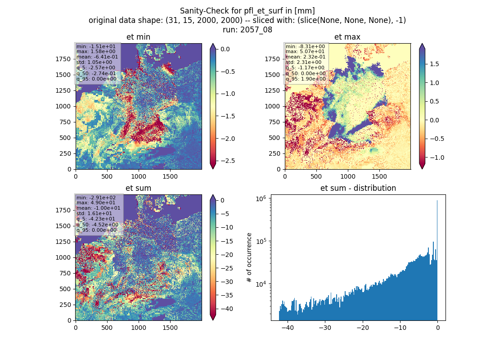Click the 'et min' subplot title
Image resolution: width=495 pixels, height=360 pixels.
(x=138, y=37)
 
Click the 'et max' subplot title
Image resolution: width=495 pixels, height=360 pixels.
(x=347, y=37)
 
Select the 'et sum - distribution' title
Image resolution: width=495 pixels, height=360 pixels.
(x=358, y=188)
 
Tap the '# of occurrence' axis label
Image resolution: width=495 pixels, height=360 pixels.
(x=249, y=258)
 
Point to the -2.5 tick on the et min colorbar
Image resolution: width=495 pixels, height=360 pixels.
(x=228, y=161)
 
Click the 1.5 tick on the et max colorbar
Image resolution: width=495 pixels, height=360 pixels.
(x=434, y=64)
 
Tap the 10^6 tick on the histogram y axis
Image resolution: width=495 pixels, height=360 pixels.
(x=261, y=198)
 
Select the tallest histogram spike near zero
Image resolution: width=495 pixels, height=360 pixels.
(x=437, y=260)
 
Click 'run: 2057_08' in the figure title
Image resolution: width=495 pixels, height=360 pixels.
(x=247, y=30)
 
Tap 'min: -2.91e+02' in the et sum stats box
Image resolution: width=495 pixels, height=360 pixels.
(x=96, y=198)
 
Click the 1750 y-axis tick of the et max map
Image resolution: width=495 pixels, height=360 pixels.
(x=272, y=59)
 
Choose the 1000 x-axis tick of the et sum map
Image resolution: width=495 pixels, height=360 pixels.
(x=139, y=328)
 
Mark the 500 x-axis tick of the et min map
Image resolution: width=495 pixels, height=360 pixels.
(x=107, y=176)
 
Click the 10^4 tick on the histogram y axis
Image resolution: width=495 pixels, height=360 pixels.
(x=261, y=284)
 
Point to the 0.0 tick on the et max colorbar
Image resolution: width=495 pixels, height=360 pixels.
(x=434, y=120)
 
